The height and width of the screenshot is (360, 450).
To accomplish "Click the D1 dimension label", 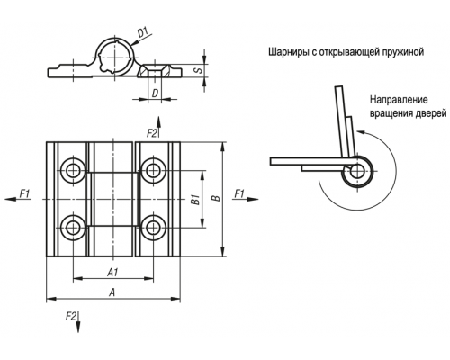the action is coord(144,32).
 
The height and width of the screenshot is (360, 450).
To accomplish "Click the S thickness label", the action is coord(198,70).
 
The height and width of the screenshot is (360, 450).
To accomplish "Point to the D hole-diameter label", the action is coord(155,94).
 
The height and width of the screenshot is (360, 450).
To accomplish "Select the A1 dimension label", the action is coord(112,273).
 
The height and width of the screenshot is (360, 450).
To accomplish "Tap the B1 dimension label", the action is coord(196,200).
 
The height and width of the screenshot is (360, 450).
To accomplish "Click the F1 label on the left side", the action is coord(25,193).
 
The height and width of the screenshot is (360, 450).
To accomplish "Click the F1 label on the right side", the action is coord(239,193).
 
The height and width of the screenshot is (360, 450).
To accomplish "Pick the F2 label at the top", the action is coord(152,133).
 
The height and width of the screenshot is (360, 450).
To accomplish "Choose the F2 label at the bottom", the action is coord(71,316).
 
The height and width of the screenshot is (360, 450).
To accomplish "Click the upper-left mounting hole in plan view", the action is coord(72,171).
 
